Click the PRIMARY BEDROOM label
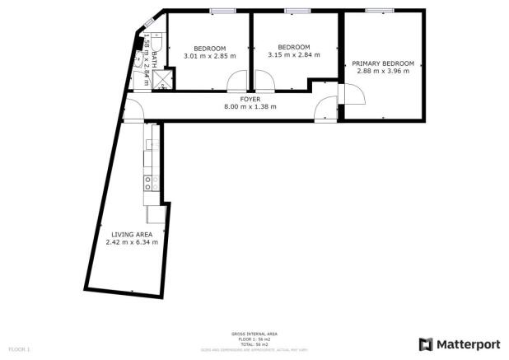pyautogui.click(x=383, y=63)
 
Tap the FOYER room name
pyautogui.click(x=250, y=99)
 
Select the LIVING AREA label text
pyautogui.click(x=131, y=234)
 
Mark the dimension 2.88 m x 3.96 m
pyautogui.click(x=383, y=71)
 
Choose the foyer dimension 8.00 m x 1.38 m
pyautogui.click(x=250, y=106)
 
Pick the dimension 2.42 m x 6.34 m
pyautogui.click(x=131, y=241)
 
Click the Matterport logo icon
pyautogui.click(x=426, y=344)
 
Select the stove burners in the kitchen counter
pyautogui.click(x=150, y=183)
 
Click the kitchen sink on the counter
pyautogui.click(x=150, y=145)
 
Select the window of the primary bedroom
pyautogui.click(x=380, y=10)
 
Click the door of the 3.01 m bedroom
pyautogui.click(x=237, y=81)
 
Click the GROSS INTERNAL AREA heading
pyautogui.click(x=254, y=334)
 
